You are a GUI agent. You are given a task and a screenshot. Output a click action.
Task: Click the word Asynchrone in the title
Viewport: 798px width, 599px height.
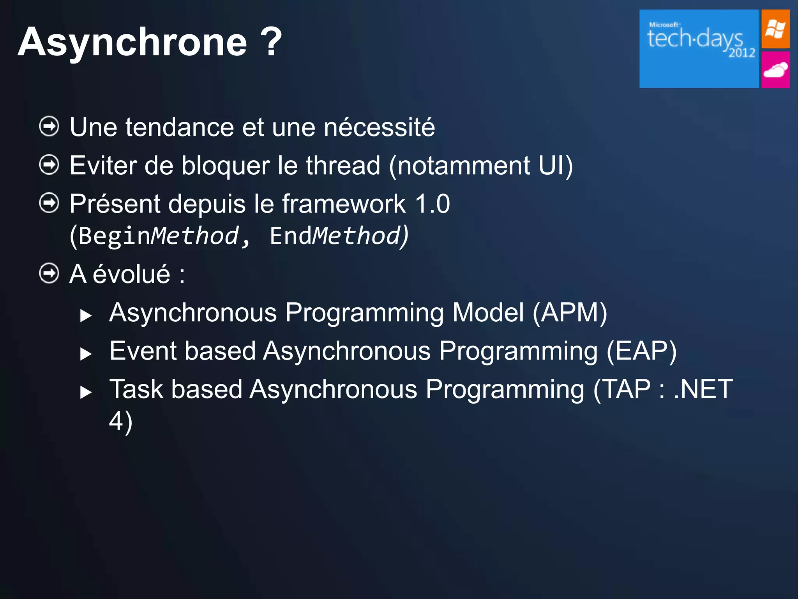pyautogui.click(x=132, y=42)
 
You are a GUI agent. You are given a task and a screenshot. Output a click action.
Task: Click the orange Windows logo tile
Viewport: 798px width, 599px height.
pyautogui.click(x=775, y=29)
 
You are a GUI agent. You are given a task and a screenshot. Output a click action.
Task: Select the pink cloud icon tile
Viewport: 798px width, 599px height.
pyautogui.click(x=775, y=70)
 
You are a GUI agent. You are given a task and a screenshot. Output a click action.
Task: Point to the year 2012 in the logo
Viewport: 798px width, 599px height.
pyautogui.click(x=742, y=53)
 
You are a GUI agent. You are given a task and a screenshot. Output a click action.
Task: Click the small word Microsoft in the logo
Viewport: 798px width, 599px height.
pyautogui.click(x=664, y=25)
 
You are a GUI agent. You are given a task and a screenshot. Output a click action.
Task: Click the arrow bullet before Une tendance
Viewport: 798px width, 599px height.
pyautogui.click(x=49, y=126)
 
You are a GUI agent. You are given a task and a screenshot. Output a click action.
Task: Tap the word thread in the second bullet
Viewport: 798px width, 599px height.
pyautogui.click(x=343, y=165)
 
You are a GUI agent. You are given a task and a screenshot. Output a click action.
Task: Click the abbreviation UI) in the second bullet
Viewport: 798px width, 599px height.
pyautogui.click(x=555, y=165)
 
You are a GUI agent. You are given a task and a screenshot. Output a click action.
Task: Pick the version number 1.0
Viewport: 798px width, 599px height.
pyautogui.click(x=432, y=204)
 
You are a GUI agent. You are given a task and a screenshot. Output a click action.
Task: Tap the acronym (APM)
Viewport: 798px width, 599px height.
pyautogui.click(x=569, y=313)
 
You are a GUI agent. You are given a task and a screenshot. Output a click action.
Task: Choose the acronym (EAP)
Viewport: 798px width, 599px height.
pyautogui.click(x=641, y=351)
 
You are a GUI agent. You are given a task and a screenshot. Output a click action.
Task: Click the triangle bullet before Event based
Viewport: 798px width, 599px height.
pyautogui.click(x=85, y=354)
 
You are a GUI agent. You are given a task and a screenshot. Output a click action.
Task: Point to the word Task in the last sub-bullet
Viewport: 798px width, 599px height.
pyautogui.click(x=136, y=389)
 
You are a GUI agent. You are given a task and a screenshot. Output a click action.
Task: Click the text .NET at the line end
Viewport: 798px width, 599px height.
pyautogui.click(x=703, y=389)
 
